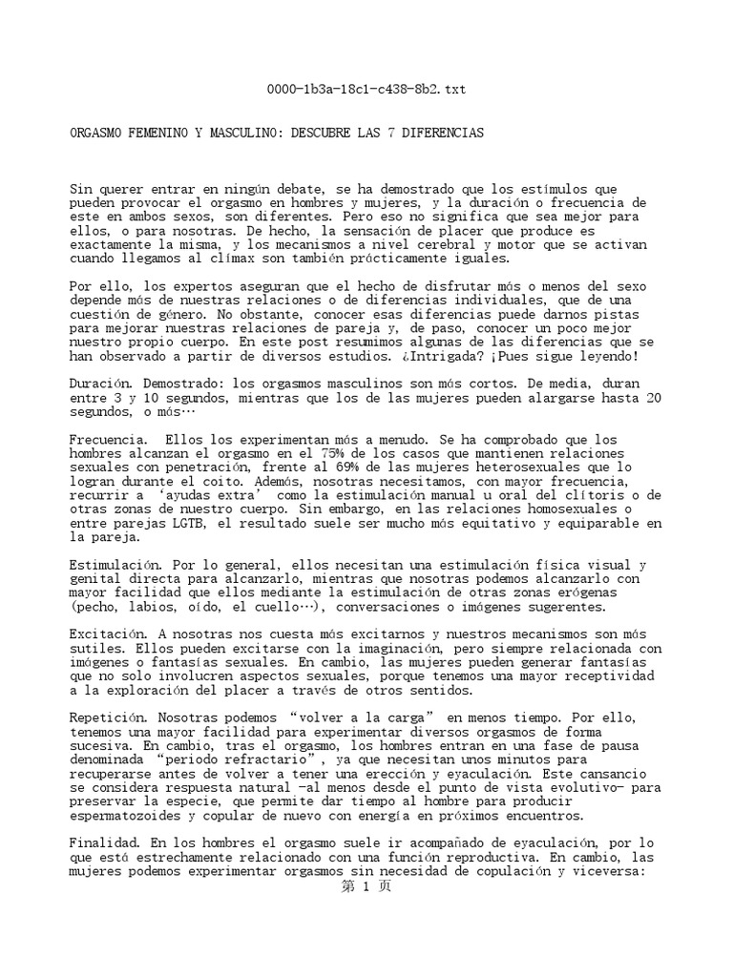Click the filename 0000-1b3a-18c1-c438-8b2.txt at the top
click(366, 90)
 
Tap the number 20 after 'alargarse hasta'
click(654, 398)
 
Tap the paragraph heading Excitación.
click(105, 634)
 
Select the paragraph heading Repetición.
click(105, 717)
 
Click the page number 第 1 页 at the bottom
click(366, 885)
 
